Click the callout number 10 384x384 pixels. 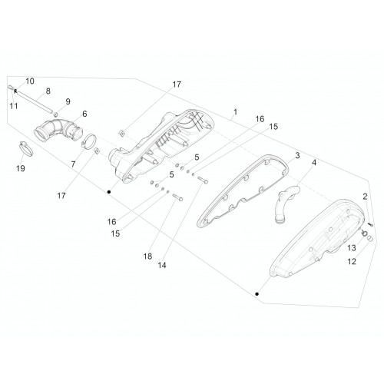click(30, 81)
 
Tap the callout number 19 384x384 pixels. click(21, 168)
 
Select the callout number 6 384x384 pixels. click(84, 114)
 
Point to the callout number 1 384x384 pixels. click(235, 112)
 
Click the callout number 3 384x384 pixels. click(297, 155)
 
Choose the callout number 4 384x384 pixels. click(314, 163)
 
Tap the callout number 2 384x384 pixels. click(365, 197)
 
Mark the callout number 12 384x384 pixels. click(352, 261)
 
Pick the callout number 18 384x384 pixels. click(147, 257)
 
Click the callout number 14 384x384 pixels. click(162, 265)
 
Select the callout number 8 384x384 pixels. click(48, 91)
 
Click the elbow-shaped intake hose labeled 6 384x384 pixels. click(58, 131)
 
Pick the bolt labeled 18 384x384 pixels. click(177, 197)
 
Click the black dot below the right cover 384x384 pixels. click(257, 294)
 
